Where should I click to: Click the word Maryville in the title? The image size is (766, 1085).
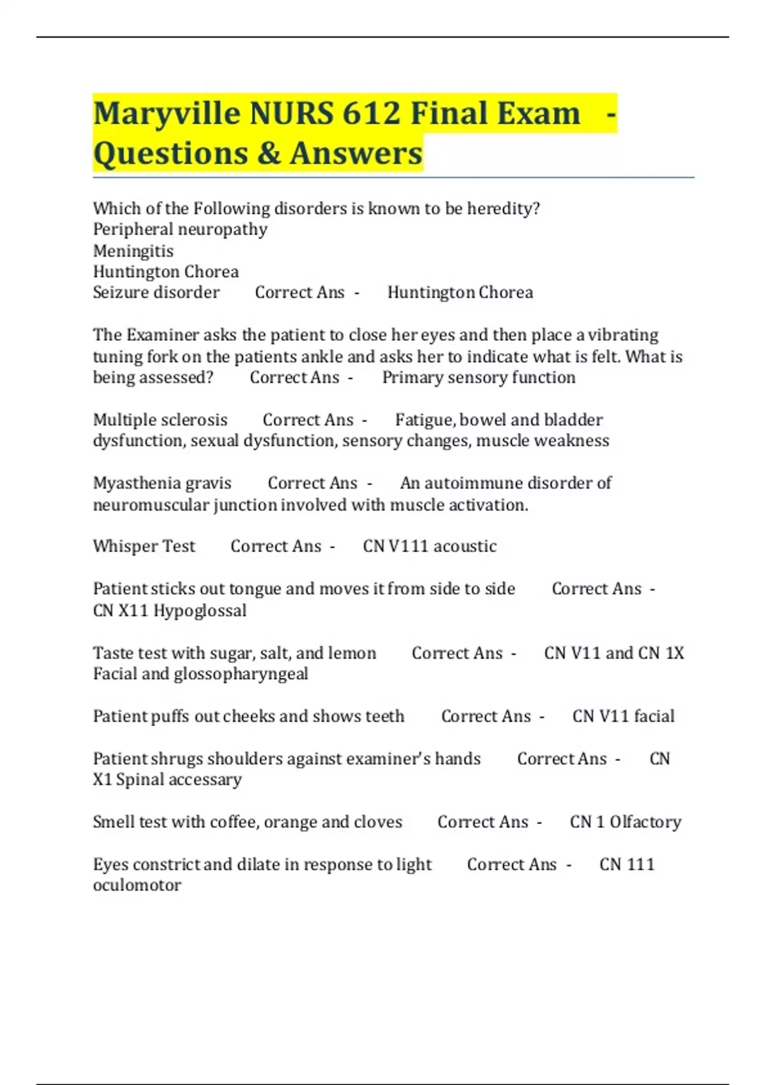165,114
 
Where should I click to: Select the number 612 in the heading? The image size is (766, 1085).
371,113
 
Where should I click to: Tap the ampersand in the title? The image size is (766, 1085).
269,153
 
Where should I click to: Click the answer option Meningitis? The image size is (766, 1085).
133,250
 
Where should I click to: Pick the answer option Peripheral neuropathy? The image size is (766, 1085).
180,229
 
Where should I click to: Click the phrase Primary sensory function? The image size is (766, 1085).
479,377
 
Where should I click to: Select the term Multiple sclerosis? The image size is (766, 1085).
160,419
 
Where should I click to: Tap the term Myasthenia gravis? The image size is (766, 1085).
162,483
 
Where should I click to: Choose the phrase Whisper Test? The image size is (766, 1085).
144,546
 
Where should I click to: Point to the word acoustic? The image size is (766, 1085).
465,546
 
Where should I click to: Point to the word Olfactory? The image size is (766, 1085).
645,821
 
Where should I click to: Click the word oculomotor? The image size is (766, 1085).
137,885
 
